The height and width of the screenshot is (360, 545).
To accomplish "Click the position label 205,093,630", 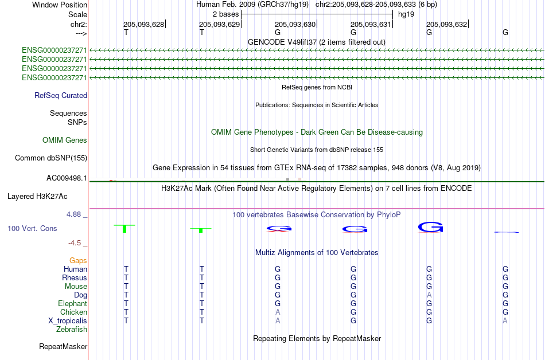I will coord(295,24).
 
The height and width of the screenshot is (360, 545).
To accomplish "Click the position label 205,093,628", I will coord(143,24).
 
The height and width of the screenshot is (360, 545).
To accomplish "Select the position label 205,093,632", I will coord(446,24).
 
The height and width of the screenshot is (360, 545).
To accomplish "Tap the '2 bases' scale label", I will coord(225,14).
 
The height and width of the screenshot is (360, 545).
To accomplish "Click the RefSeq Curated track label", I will coord(61,96).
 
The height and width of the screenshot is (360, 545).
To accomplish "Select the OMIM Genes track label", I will coord(65,140).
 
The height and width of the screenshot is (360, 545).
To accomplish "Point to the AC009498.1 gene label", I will coord(67,178).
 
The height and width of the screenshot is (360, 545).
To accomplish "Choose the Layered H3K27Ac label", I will coord(37,197).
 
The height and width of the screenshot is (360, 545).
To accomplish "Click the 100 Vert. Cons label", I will coord(32,229).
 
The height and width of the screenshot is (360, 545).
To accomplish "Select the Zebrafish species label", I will coord(72,330).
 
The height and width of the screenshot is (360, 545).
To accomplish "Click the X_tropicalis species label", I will coord(68,321).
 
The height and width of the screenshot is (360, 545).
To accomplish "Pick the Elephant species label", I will coord(72,304).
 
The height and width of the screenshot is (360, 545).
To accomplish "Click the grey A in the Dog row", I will coord(429,295).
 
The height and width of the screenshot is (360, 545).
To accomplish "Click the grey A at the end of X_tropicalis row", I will coord(505,320).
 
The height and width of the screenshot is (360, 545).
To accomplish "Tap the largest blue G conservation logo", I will coord(430,228).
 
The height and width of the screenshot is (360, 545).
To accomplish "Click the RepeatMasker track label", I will coord(63,347).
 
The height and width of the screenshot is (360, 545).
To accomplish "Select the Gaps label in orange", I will coord(78,261).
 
